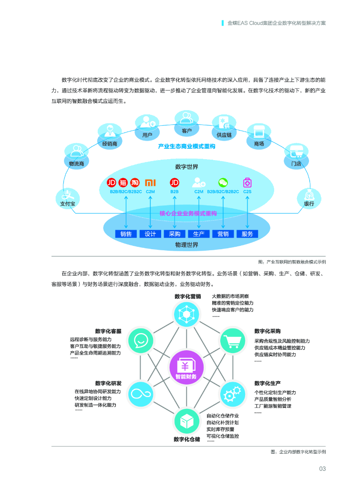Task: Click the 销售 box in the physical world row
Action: point(126,234)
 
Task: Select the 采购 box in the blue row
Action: point(175,234)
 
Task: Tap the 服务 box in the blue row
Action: point(247,234)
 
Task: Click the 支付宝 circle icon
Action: point(68,196)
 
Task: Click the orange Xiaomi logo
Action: point(150,183)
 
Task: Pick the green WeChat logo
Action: point(223,183)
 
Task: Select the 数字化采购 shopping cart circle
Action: point(233,340)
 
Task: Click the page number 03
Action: point(322,469)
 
